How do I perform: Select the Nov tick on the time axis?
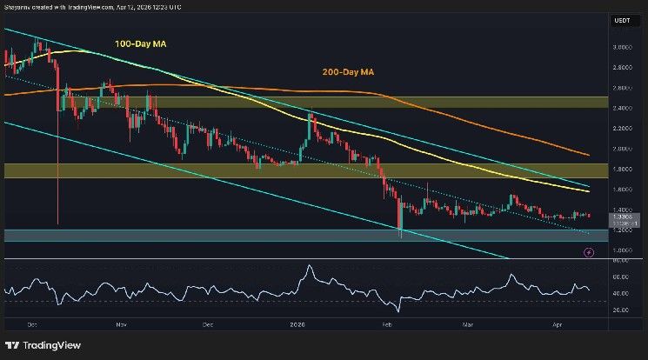121,323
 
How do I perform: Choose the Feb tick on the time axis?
386,323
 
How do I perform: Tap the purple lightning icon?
589,252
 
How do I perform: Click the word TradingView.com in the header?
85,7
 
